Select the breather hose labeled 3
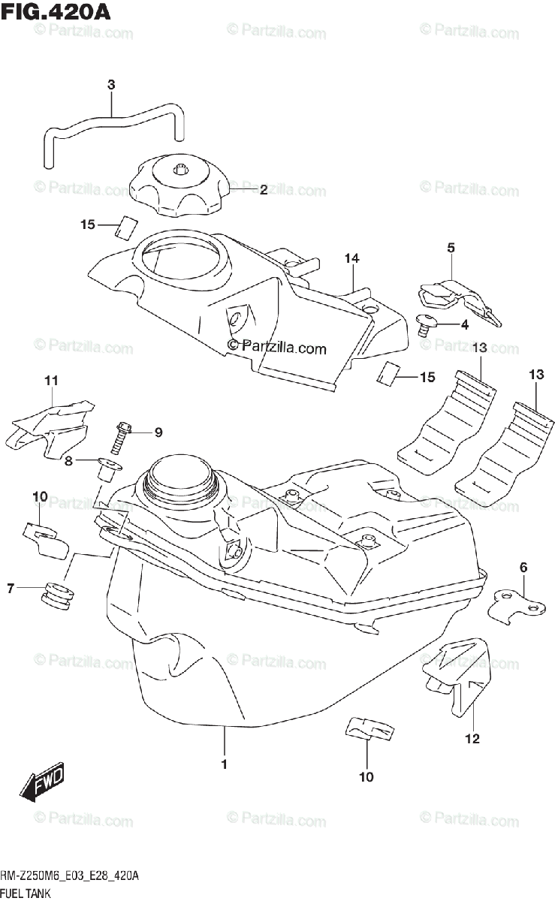pos(113,124)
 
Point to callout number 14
pos(352,259)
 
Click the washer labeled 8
pos(109,469)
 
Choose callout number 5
pos(451,247)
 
